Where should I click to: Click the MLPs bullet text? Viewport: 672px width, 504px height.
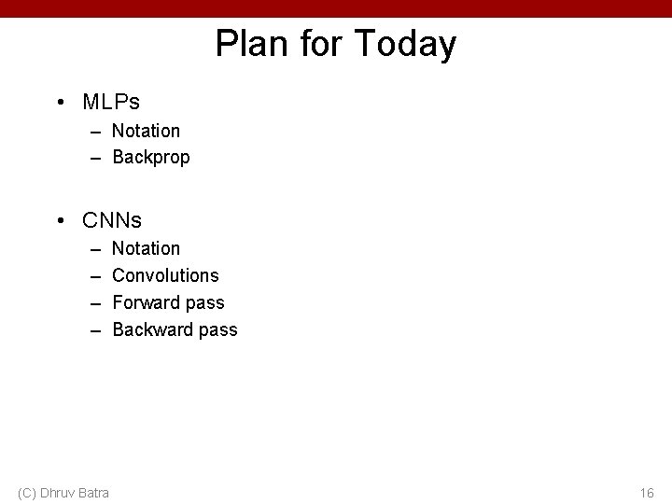pos(111,101)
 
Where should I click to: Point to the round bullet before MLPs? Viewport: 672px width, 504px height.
pos(60,101)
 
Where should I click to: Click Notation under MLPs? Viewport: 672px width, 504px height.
pos(146,131)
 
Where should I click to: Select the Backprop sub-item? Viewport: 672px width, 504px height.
pos(150,158)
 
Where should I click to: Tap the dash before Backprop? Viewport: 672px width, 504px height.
pos(95,158)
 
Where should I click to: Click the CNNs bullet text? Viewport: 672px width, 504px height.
pos(112,220)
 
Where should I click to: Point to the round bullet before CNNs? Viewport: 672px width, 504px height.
pos(60,220)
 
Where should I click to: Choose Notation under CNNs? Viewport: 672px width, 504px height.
pos(146,248)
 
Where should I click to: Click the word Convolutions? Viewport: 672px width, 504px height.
pos(165,275)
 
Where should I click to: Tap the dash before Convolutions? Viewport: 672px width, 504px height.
pos(95,275)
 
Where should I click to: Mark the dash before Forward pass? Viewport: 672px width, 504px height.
pos(95,302)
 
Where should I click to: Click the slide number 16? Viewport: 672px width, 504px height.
pos(647,493)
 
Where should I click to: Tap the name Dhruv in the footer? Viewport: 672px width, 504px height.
pos(57,493)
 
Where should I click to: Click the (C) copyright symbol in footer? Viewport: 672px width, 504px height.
pos(27,493)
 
